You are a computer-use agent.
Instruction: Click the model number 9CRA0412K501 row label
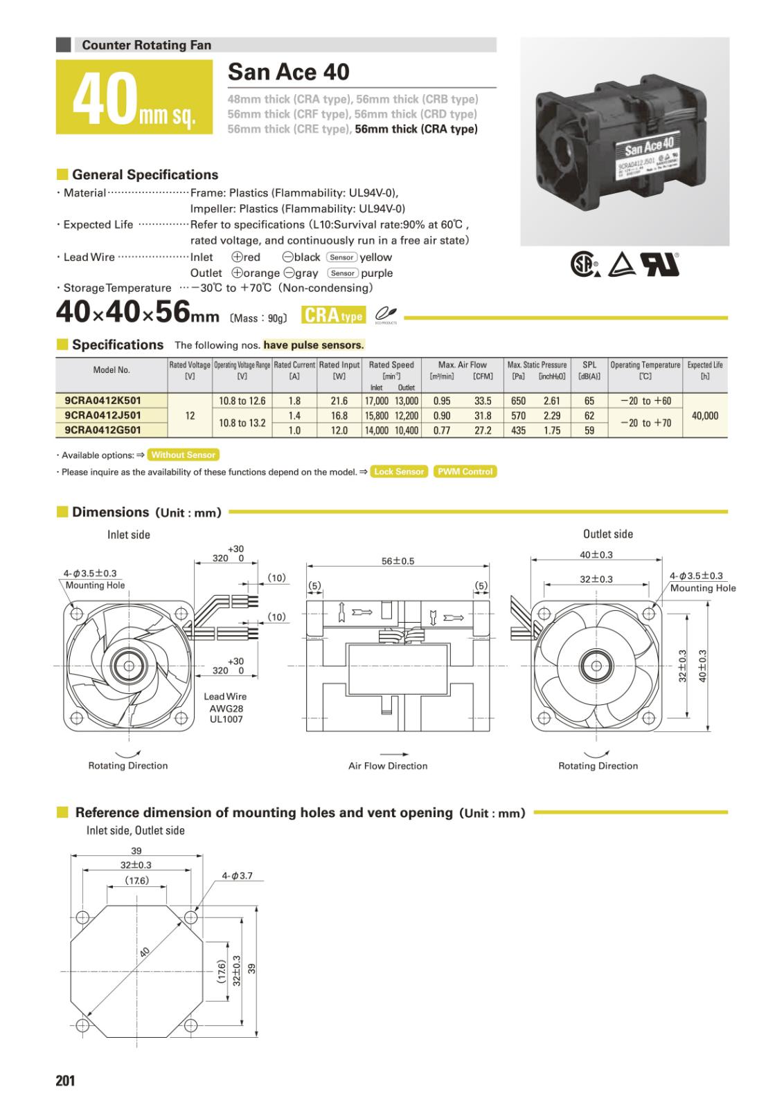pyautogui.click(x=103, y=401)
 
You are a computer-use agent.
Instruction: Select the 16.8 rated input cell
pyautogui.click(x=339, y=416)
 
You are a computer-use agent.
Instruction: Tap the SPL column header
pyautogui.click(x=589, y=365)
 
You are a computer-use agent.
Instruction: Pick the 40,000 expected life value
pyautogui.click(x=705, y=416)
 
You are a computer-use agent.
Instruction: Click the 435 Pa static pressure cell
pyautogui.click(x=518, y=430)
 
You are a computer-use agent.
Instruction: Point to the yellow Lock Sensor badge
pyautogui.click(x=399, y=472)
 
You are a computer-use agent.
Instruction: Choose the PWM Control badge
pyautogui.click(x=465, y=472)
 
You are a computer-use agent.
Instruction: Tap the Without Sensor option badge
pyautogui.click(x=184, y=455)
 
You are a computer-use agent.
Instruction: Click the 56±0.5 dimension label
pyautogui.click(x=398, y=561)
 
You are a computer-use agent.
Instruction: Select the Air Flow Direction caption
pyautogui.click(x=388, y=766)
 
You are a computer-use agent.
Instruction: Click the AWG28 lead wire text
pyautogui.click(x=226, y=708)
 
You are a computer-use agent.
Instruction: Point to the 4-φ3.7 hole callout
pyautogui.click(x=237, y=875)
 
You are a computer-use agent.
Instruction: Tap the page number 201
pyautogui.click(x=65, y=1080)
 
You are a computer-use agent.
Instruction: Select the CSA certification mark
pyautogui.click(x=583, y=264)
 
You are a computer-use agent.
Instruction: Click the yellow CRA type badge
pyautogui.click(x=332, y=315)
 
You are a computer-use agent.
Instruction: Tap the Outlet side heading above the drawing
pyautogui.click(x=607, y=533)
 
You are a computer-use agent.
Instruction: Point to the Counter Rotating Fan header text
pyautogui.click(x=146, y=45)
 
